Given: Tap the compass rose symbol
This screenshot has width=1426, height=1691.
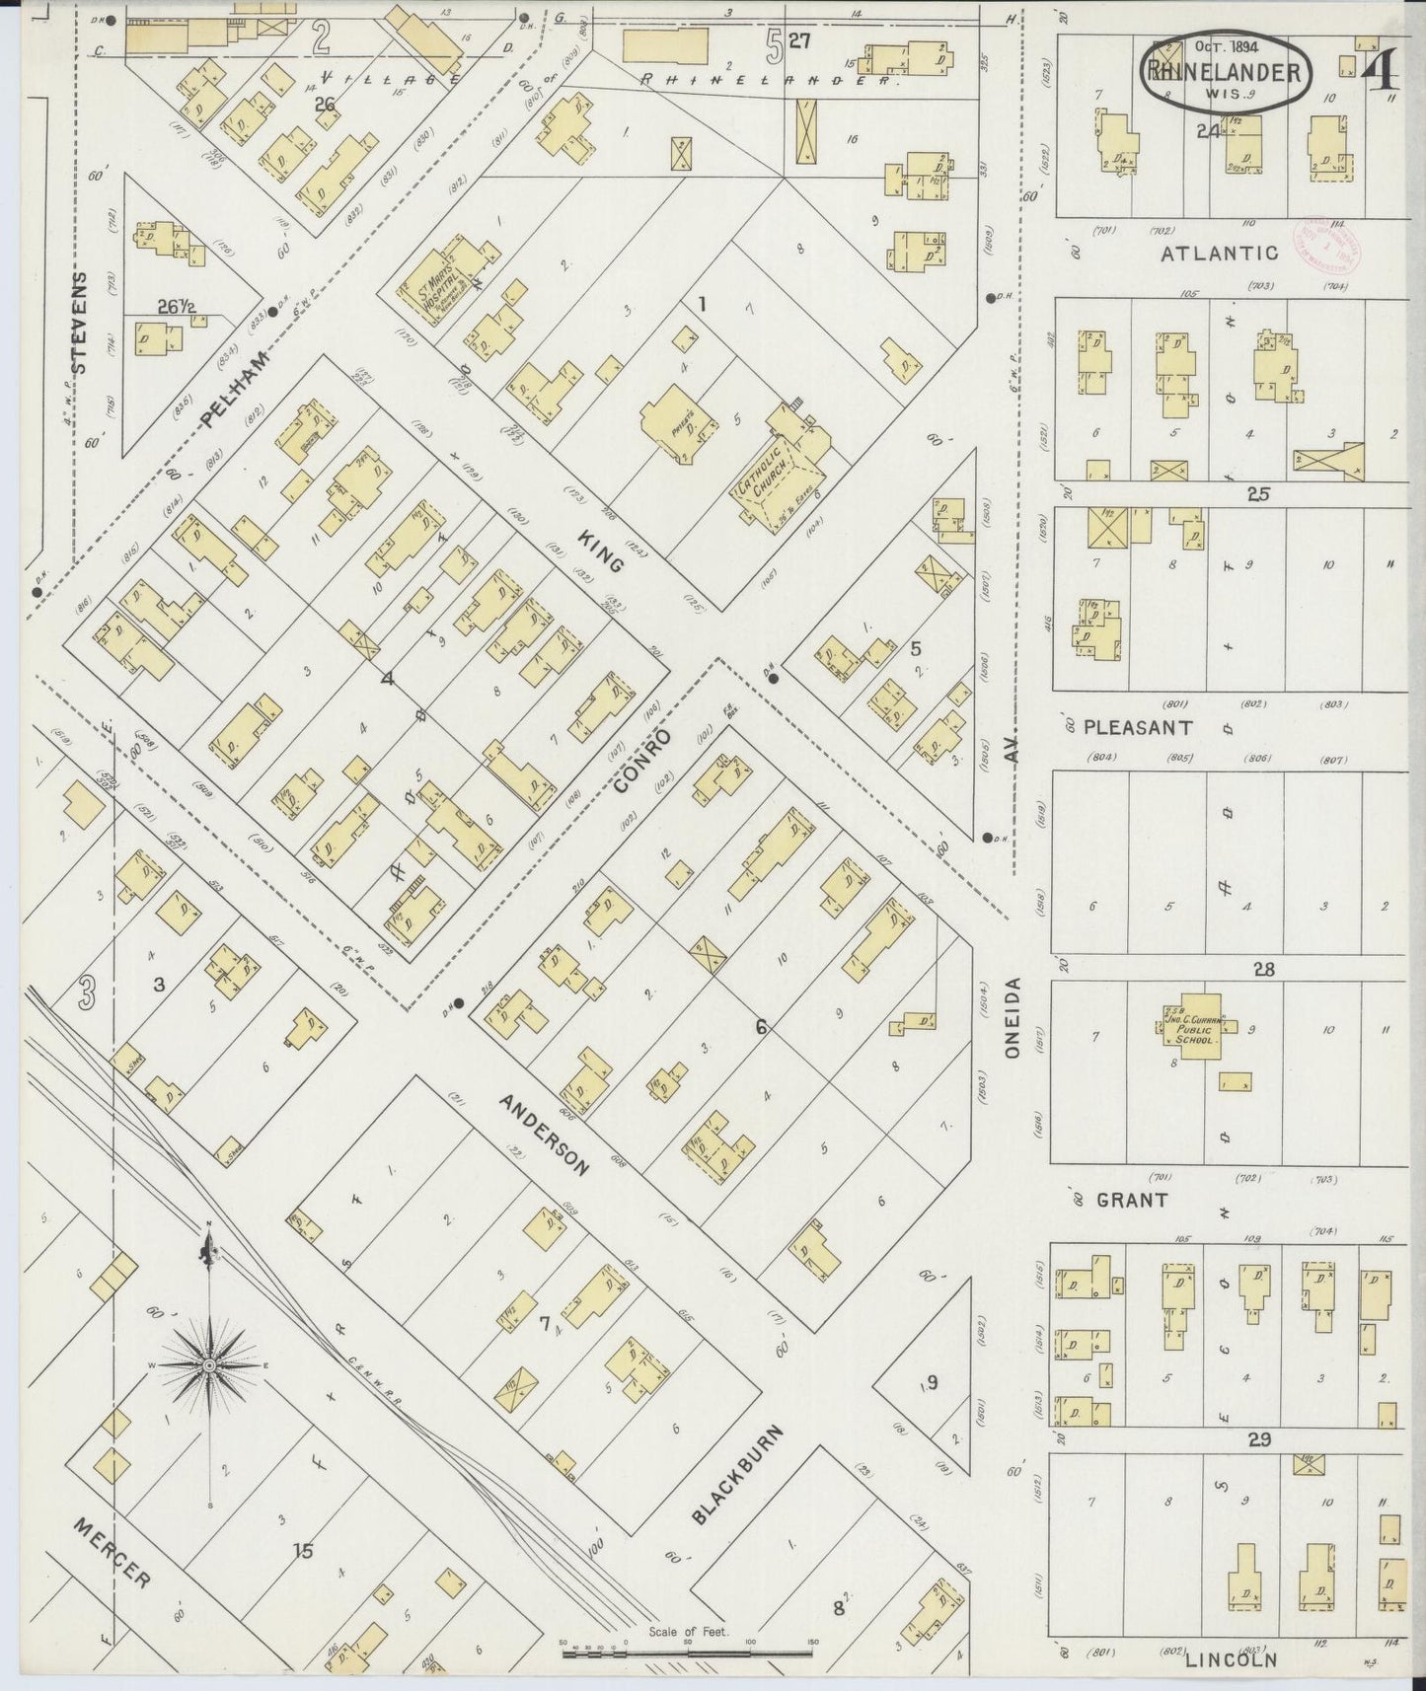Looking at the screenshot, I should (209, 1364).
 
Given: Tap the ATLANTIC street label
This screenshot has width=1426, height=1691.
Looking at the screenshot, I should (1219, 253).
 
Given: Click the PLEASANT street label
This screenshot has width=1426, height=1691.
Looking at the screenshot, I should (1138, 727).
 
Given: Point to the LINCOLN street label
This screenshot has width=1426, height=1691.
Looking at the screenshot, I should (1231, 1659).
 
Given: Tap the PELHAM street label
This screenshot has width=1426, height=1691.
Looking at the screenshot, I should (235, 390).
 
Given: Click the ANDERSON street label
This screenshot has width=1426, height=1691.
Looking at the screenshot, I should (543, 1135).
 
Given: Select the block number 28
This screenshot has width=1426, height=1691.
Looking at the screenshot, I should (1263, 970).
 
